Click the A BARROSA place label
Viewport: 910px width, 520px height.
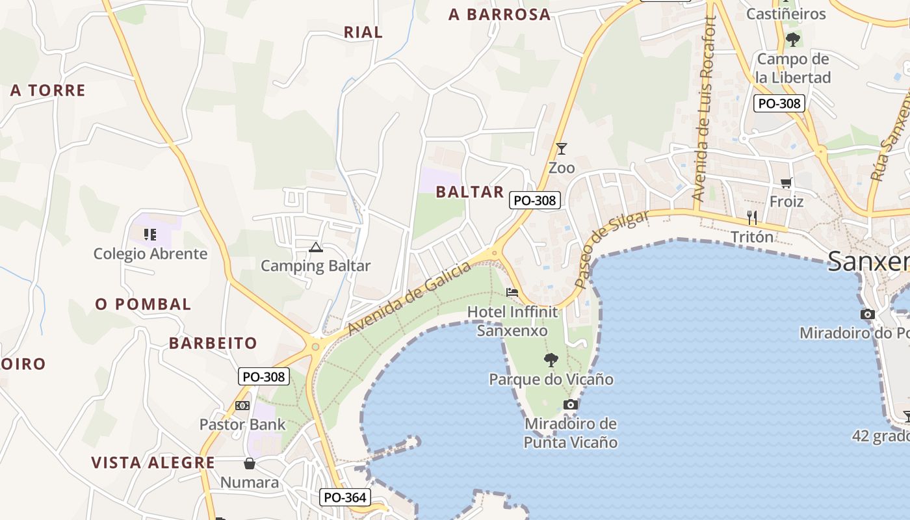[x=499, y=14]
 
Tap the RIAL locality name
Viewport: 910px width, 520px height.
[x=363, y=32]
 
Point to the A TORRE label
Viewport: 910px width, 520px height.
[x=47, y=90]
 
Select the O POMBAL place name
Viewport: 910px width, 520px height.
[x=143, y=304]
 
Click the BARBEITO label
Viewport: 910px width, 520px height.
[x=213, y=343]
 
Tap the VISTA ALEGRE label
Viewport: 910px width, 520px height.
[x=153, y=463]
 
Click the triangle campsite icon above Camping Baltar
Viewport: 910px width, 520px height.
[x=316, y=247]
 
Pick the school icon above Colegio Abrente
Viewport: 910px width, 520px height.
[x=150, y=234]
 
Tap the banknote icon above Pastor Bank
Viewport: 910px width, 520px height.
[x=242, y=406]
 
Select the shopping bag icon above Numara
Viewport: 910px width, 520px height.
[x=249, y=463]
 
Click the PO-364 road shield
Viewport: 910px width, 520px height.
[x=345, y=498]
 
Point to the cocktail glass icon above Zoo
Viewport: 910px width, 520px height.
[x=562, y=149]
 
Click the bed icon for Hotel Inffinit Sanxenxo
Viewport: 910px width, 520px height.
[x=512, y=292]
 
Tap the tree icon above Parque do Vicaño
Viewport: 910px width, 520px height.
[x=551, y=359]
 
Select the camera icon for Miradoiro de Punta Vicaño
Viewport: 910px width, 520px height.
[x=571, y=404]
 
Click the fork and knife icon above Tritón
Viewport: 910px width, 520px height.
[x=752, y=217]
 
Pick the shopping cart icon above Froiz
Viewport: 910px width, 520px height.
[x=786, y=183]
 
